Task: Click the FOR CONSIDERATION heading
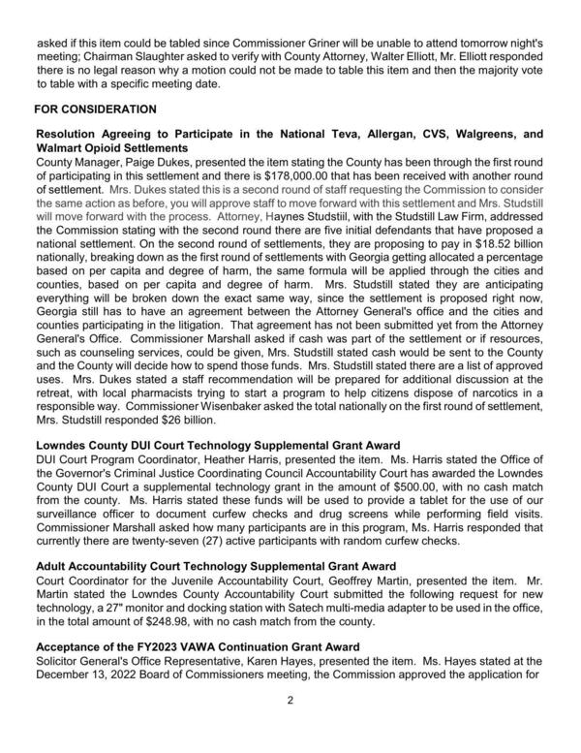coord(95,110)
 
